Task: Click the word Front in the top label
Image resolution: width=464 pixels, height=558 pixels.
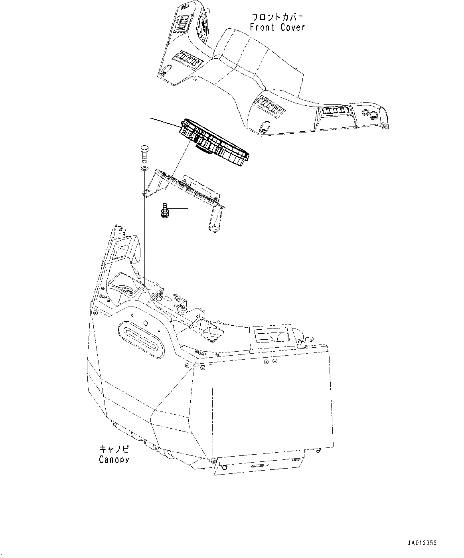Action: tap(262, 27)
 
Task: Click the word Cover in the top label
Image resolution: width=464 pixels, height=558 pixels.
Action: tap(292, 27)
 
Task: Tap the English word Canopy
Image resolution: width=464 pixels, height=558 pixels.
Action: tap(114, 459)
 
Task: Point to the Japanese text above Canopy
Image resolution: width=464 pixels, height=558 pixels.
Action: tap(114, 449)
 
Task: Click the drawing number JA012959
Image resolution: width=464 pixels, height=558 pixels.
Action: tap(422, 543)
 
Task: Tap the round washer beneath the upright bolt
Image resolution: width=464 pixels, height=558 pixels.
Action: tap(144, 169)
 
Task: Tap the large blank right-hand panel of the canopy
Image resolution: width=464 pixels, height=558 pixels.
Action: tap(271, 403)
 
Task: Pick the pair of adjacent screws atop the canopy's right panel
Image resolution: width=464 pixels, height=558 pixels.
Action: tap(271, 362)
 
